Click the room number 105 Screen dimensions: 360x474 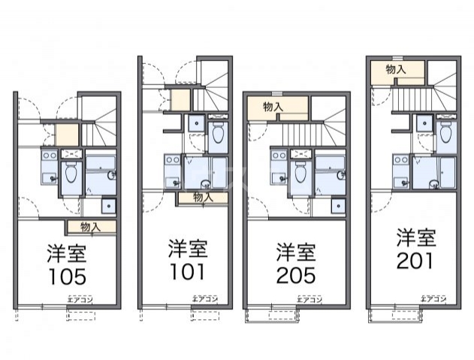68,276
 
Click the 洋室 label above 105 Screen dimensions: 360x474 68,252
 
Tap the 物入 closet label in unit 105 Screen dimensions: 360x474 91,226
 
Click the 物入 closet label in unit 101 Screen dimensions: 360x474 202,198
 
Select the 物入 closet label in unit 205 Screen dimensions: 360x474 273,107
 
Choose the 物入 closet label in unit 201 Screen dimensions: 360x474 396,69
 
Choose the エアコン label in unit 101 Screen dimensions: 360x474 205,299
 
